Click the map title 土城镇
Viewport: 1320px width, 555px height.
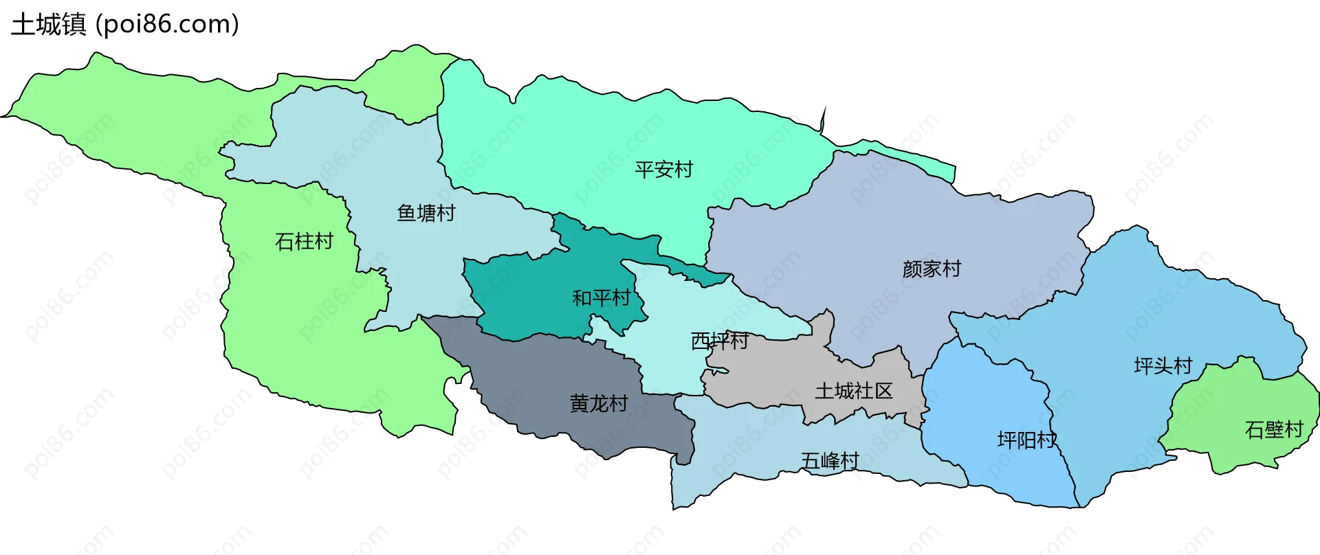48,25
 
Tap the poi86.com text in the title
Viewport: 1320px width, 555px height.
167,25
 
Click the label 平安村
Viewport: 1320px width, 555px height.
663,170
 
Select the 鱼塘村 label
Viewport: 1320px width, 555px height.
426,213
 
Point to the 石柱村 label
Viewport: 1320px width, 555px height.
304,241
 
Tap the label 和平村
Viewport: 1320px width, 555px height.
602,298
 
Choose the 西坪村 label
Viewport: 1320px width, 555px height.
719,341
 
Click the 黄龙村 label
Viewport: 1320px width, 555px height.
599,403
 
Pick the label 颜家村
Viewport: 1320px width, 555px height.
932,269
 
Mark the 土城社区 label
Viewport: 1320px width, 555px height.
853,391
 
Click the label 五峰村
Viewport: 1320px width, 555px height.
830,460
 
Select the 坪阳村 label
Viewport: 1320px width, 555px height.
1026,440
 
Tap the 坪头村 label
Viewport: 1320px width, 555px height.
1163,365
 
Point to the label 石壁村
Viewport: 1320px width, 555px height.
1274,429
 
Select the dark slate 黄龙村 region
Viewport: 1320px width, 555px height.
550,371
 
